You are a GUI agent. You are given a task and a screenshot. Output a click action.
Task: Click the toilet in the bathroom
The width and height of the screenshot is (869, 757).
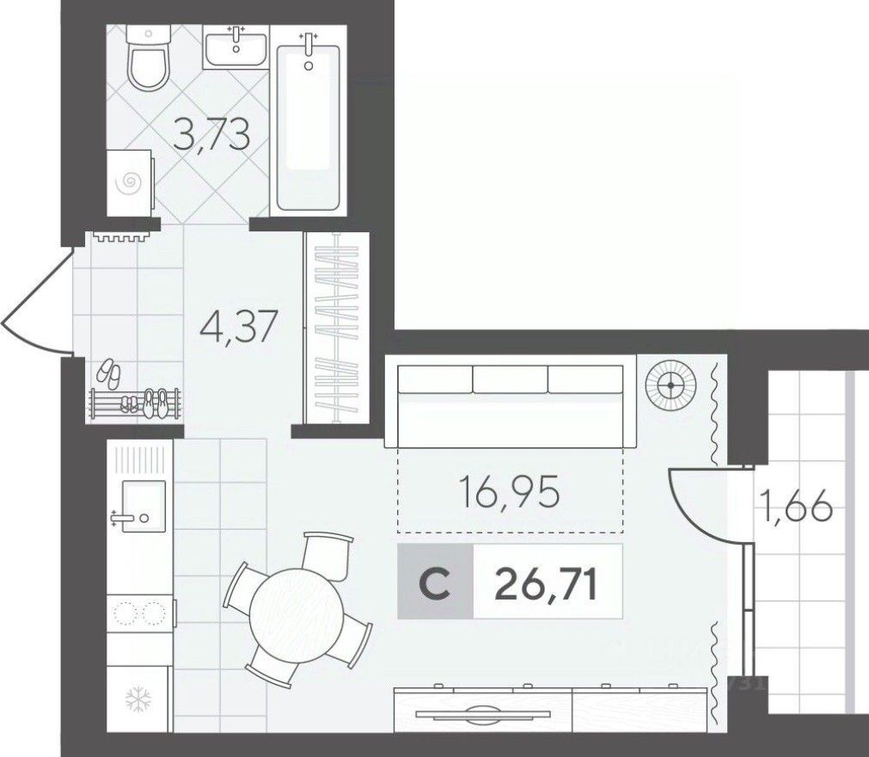tap(150, 58)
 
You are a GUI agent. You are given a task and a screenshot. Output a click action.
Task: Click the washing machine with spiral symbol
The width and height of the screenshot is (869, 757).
tap(130, 182)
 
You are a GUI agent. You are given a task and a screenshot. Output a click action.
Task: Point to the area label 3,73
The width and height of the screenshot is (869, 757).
tap(211, 135)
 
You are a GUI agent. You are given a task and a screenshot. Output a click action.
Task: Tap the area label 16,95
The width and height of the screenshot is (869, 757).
tap(509, 493)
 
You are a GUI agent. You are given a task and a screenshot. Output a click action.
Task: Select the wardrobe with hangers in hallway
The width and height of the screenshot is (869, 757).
tap(337, 328)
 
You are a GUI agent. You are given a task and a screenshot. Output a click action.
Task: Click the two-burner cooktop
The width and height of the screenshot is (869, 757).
tap(139, 613)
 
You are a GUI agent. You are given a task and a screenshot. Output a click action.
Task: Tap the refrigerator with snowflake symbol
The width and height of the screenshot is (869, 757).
tap(138, 699)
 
